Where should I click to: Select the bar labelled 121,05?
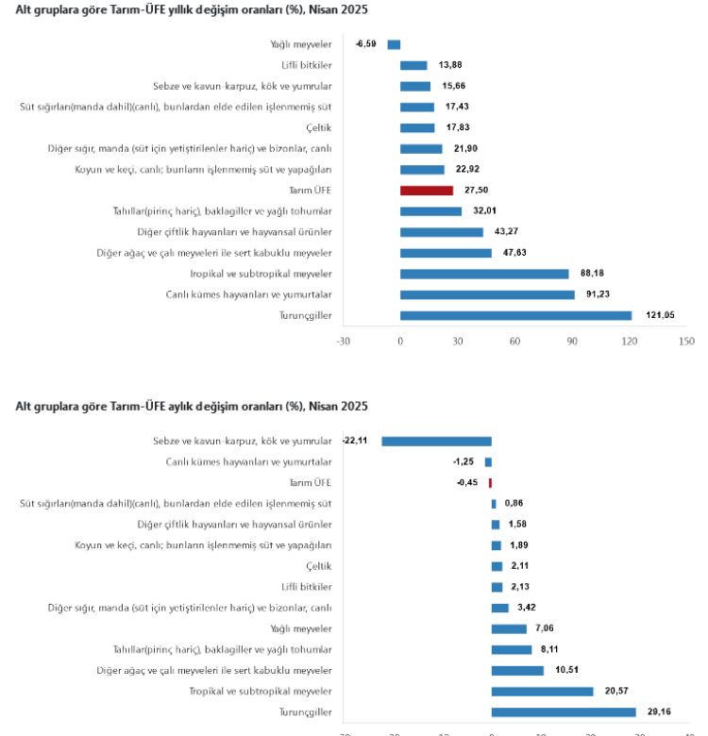click(x=515, y=315)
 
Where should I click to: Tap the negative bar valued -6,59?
click(x=394, y=44)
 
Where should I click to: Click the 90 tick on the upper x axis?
click(x=572, y=341)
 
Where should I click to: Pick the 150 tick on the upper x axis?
click(x=686, y=341)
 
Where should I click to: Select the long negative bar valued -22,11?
click(x=436, y=441)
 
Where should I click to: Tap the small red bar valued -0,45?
click(x=490, y=482)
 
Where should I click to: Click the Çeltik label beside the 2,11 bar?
click(x=319, y=566)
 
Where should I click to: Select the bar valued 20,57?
click(x=542, y=692)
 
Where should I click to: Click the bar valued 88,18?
click(x=484, y=274)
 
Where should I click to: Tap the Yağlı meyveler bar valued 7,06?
click(x=509, y=628)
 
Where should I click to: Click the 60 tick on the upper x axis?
click(x=514, y=341)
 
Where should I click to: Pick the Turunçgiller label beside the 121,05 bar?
click(x=307, y=315)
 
